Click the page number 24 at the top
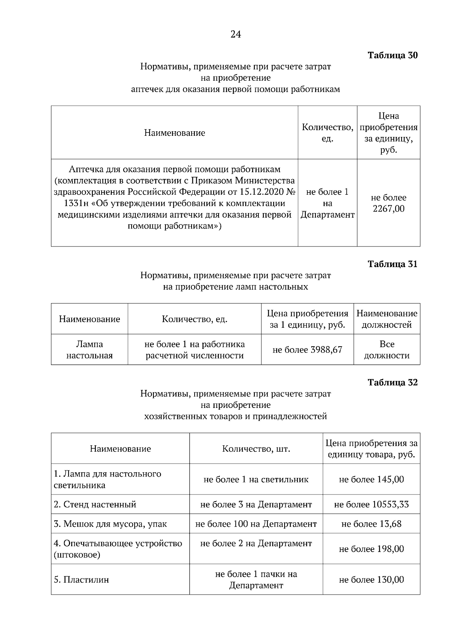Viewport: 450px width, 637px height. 235,35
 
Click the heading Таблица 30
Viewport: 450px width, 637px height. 392,56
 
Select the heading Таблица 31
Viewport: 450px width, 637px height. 392,264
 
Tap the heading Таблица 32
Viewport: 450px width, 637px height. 392,383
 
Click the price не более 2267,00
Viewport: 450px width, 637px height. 388,203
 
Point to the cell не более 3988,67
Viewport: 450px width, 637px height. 307,350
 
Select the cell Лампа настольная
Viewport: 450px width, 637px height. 89,350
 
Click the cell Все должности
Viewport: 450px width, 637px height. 387,350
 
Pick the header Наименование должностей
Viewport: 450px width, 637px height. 387,319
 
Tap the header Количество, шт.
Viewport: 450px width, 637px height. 256,449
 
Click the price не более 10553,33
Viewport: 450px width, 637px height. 371,505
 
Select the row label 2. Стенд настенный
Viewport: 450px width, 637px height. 95,505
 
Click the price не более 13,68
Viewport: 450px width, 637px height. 371,524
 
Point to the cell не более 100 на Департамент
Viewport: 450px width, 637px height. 256,524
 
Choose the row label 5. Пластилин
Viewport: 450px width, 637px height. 81,580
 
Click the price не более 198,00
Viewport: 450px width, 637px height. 371,549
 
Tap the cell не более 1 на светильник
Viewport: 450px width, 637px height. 256,479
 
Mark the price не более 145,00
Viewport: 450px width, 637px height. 371,479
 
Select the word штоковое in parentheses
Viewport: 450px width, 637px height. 77,555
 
